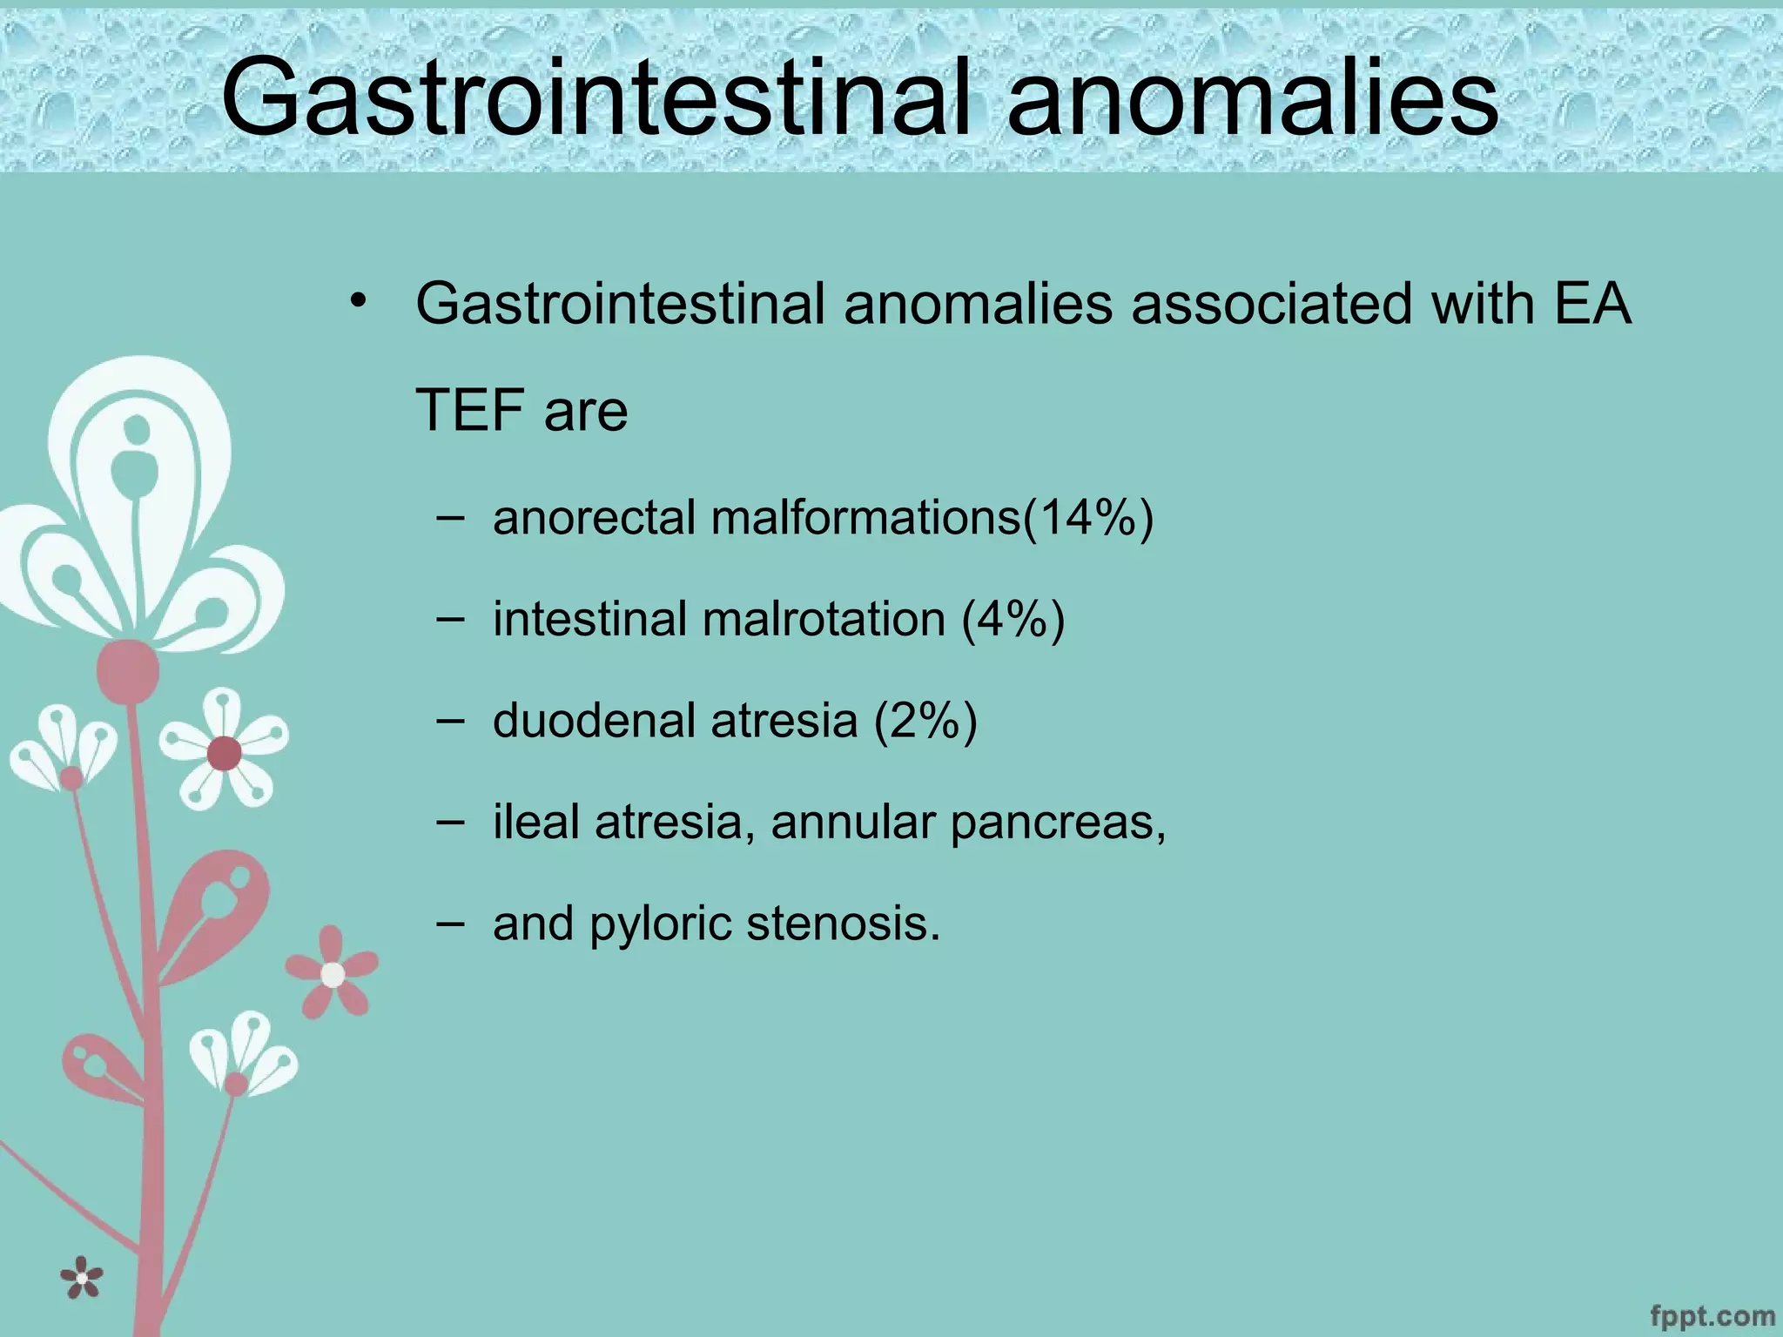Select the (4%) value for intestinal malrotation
1013,620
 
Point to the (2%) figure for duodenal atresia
925,722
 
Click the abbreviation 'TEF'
471,411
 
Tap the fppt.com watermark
1712,1314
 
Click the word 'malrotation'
824,620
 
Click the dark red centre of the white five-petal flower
225,753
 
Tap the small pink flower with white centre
333,974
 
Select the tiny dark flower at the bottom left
82,1278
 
